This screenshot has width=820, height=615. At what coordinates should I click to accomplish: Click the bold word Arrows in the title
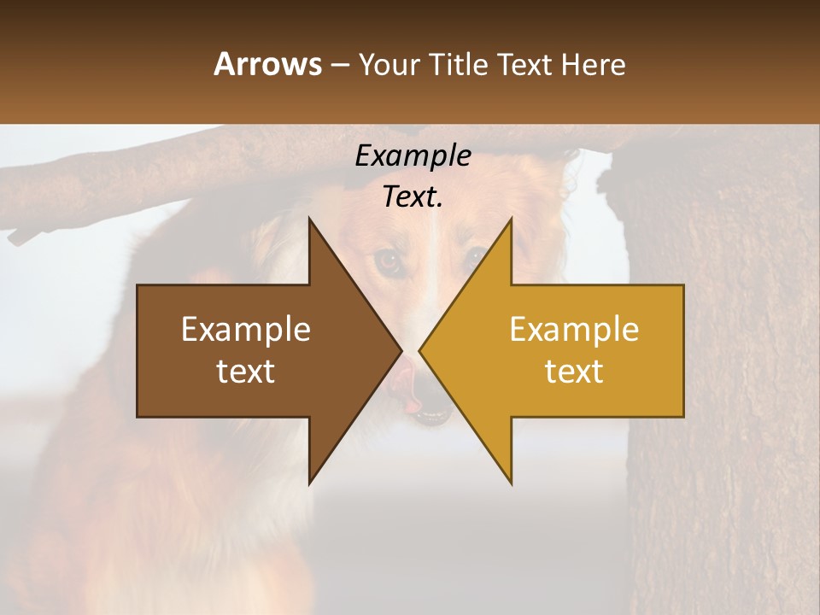(x=267, y=64)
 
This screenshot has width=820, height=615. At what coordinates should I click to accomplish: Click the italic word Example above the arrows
(x=413, y=156)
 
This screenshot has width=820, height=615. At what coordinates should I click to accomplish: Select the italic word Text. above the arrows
(x=413, y=197)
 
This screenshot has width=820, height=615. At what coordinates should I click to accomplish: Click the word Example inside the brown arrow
(x=246, y=330)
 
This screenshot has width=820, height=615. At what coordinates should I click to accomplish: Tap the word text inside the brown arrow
(x=246, y=372)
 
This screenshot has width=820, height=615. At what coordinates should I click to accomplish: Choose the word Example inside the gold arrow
(x=574, y=330)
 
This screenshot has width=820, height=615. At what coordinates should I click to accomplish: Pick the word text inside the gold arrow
(x=574, y=372)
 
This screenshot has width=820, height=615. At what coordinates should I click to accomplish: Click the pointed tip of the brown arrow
(x=401, y=351)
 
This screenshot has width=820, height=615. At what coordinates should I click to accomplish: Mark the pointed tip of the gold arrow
(x=420, y=351)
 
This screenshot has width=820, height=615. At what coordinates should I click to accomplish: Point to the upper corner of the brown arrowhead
(x=309, y=220)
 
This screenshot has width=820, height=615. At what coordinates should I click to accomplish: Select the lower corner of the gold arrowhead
(x=512, y=483)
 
